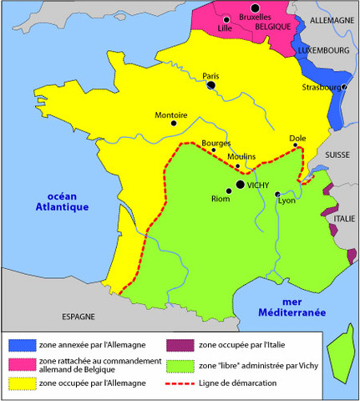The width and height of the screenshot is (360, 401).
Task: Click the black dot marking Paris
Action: click(x=211, y=84)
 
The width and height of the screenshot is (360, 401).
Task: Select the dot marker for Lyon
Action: click(x=278, y=195)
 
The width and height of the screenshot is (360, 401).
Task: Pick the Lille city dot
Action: click(x=226, y=18)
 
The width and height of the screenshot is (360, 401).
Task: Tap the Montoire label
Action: click(x=171, y=114)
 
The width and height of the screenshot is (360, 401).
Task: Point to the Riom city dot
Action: click(x=229, y=190)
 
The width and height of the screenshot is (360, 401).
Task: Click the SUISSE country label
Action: click(x=337, y=155)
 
